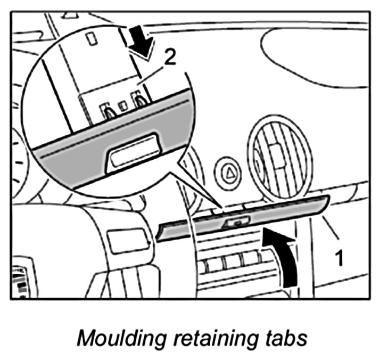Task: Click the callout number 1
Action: click(337, 259)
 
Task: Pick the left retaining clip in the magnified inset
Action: click(108, 112)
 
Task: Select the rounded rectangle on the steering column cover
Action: click(127, 240)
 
